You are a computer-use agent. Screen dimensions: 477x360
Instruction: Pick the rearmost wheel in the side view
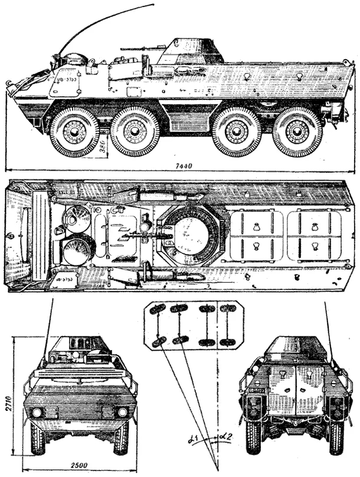click(297, 131)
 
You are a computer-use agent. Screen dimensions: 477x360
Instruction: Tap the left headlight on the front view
click(37, 412)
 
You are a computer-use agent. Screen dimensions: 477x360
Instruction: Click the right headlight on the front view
click(122, 412)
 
